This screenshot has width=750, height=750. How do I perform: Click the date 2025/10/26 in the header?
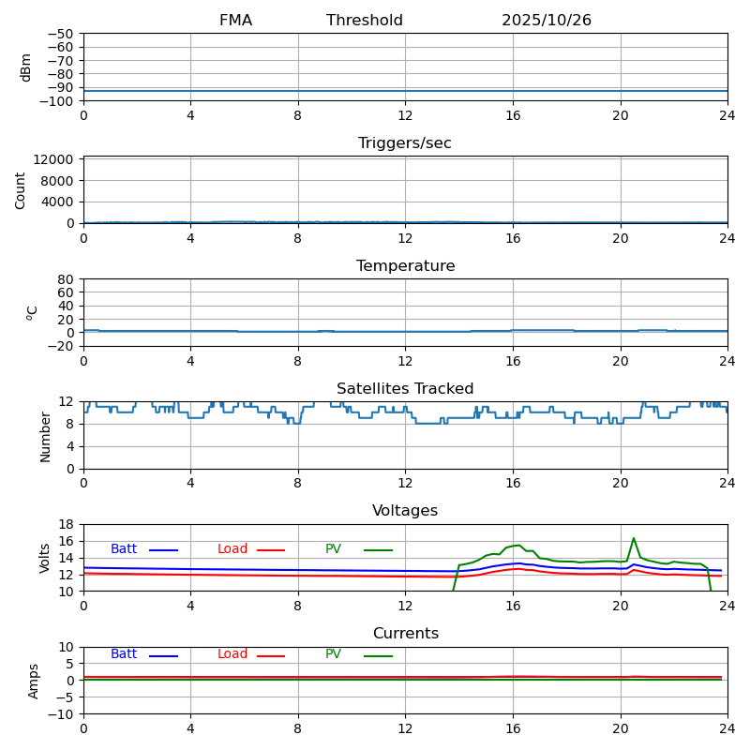tap(546, 21)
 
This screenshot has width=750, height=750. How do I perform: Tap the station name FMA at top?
tap(235, 21)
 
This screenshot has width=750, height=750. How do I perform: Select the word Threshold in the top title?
tap(365, 21)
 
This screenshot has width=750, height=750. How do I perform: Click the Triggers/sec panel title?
tap(405, 143)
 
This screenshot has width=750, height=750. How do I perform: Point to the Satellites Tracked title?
tap(405, 389)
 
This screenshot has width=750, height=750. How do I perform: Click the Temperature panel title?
tap(405, 266)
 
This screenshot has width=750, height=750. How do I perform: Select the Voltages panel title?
tap(405, 511)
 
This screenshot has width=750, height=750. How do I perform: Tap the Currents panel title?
tap(405, 634)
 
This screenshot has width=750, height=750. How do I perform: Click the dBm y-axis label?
tap(26, 67)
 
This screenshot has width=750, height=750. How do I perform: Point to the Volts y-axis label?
tap(45, 558)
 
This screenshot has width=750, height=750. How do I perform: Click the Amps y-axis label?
tap(34, 681)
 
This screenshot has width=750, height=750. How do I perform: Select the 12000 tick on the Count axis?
tap(55, 159)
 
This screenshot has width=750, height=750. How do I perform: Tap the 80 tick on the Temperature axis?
tap(67, 279)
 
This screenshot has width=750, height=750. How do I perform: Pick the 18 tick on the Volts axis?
tap(67, 524)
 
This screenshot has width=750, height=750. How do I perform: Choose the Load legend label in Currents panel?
tap(232, 654)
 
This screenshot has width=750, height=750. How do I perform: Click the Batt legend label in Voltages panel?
tap(124, 549)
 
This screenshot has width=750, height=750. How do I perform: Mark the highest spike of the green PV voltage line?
tap(634, 538)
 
